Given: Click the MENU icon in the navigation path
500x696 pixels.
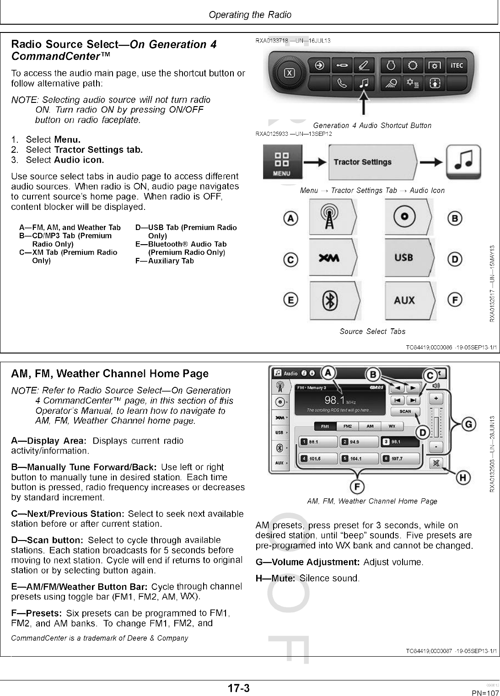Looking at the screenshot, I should (x=282, y=162).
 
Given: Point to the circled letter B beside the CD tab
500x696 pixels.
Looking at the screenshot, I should (x=454, y=218).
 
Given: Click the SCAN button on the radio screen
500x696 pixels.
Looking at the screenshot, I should (x=405, y=411).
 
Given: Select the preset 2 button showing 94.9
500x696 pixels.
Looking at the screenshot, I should (x=358, y=442).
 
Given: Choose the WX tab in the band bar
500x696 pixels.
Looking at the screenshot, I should (x=392, y=426).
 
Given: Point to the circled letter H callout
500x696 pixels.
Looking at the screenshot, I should (x=463, y=478).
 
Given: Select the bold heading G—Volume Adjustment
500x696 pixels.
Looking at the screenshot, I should (x=307, y=562).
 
